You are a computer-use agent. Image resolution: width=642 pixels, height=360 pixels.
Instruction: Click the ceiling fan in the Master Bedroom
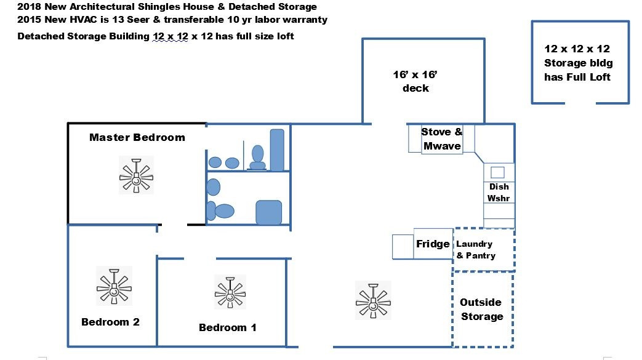click(137, 175)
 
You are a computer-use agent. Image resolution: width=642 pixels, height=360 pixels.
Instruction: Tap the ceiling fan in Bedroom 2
click(114, 286)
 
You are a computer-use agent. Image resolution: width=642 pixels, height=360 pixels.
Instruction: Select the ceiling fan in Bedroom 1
click(230, 292)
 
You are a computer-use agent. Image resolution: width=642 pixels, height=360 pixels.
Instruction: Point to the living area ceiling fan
click(373, 300)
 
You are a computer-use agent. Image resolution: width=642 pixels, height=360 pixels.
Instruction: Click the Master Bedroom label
click(137, 137)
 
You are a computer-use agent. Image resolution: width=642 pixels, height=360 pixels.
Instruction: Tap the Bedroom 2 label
click(111, 322)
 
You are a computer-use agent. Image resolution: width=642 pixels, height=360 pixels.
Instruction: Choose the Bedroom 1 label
click(228, 327)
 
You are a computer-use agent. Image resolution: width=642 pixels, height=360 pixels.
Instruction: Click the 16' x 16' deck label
click(415, 81)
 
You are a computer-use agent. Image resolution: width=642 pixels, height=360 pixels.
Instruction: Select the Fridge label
click(433, 244)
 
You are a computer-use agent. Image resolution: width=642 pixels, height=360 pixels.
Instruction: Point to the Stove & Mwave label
click(442, 139)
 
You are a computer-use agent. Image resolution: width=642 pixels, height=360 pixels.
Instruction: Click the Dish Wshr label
click(499, 193)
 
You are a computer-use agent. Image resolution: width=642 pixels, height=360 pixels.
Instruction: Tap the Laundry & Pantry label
click(476, 250)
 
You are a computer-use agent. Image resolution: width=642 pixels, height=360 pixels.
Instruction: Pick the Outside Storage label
click(481, 309)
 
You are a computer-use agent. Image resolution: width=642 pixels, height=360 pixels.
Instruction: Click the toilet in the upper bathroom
click(257, 158)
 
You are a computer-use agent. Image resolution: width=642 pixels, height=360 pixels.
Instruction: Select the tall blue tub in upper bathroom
click(277, 150)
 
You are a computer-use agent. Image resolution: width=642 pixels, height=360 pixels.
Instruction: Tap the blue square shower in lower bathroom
click(268, 212)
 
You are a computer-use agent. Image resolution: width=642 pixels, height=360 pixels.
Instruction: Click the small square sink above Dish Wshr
click(497, 172)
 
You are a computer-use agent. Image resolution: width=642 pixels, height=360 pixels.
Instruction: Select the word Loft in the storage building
click(600, 77)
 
